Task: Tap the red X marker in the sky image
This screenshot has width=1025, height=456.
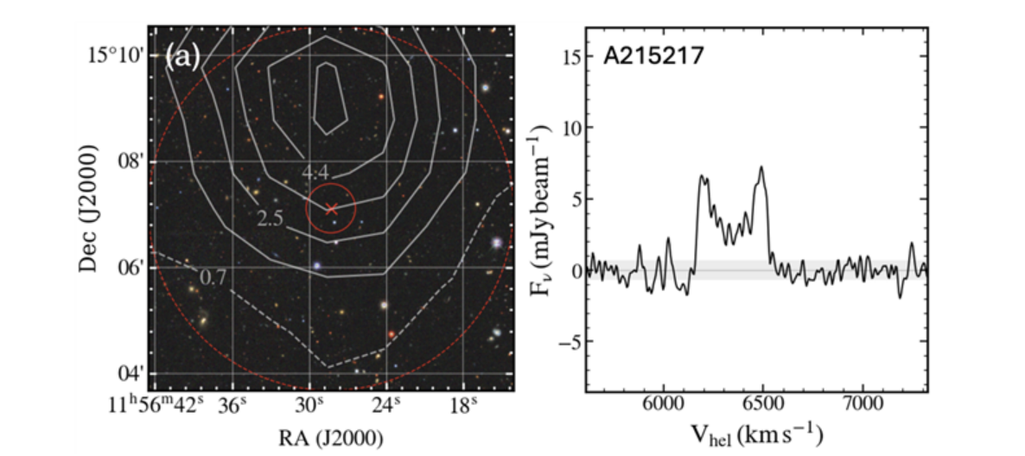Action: click(x=331, y=208)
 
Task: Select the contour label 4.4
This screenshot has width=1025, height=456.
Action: click(x=315, y=173)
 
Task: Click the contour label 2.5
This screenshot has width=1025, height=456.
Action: click(x=271, y=218)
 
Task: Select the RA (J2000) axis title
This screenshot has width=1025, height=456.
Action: click(x=331, y=437)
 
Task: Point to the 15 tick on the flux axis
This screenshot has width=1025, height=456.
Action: click(x=568, y=56)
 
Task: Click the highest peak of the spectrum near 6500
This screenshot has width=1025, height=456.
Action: click(x=761, y=167)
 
